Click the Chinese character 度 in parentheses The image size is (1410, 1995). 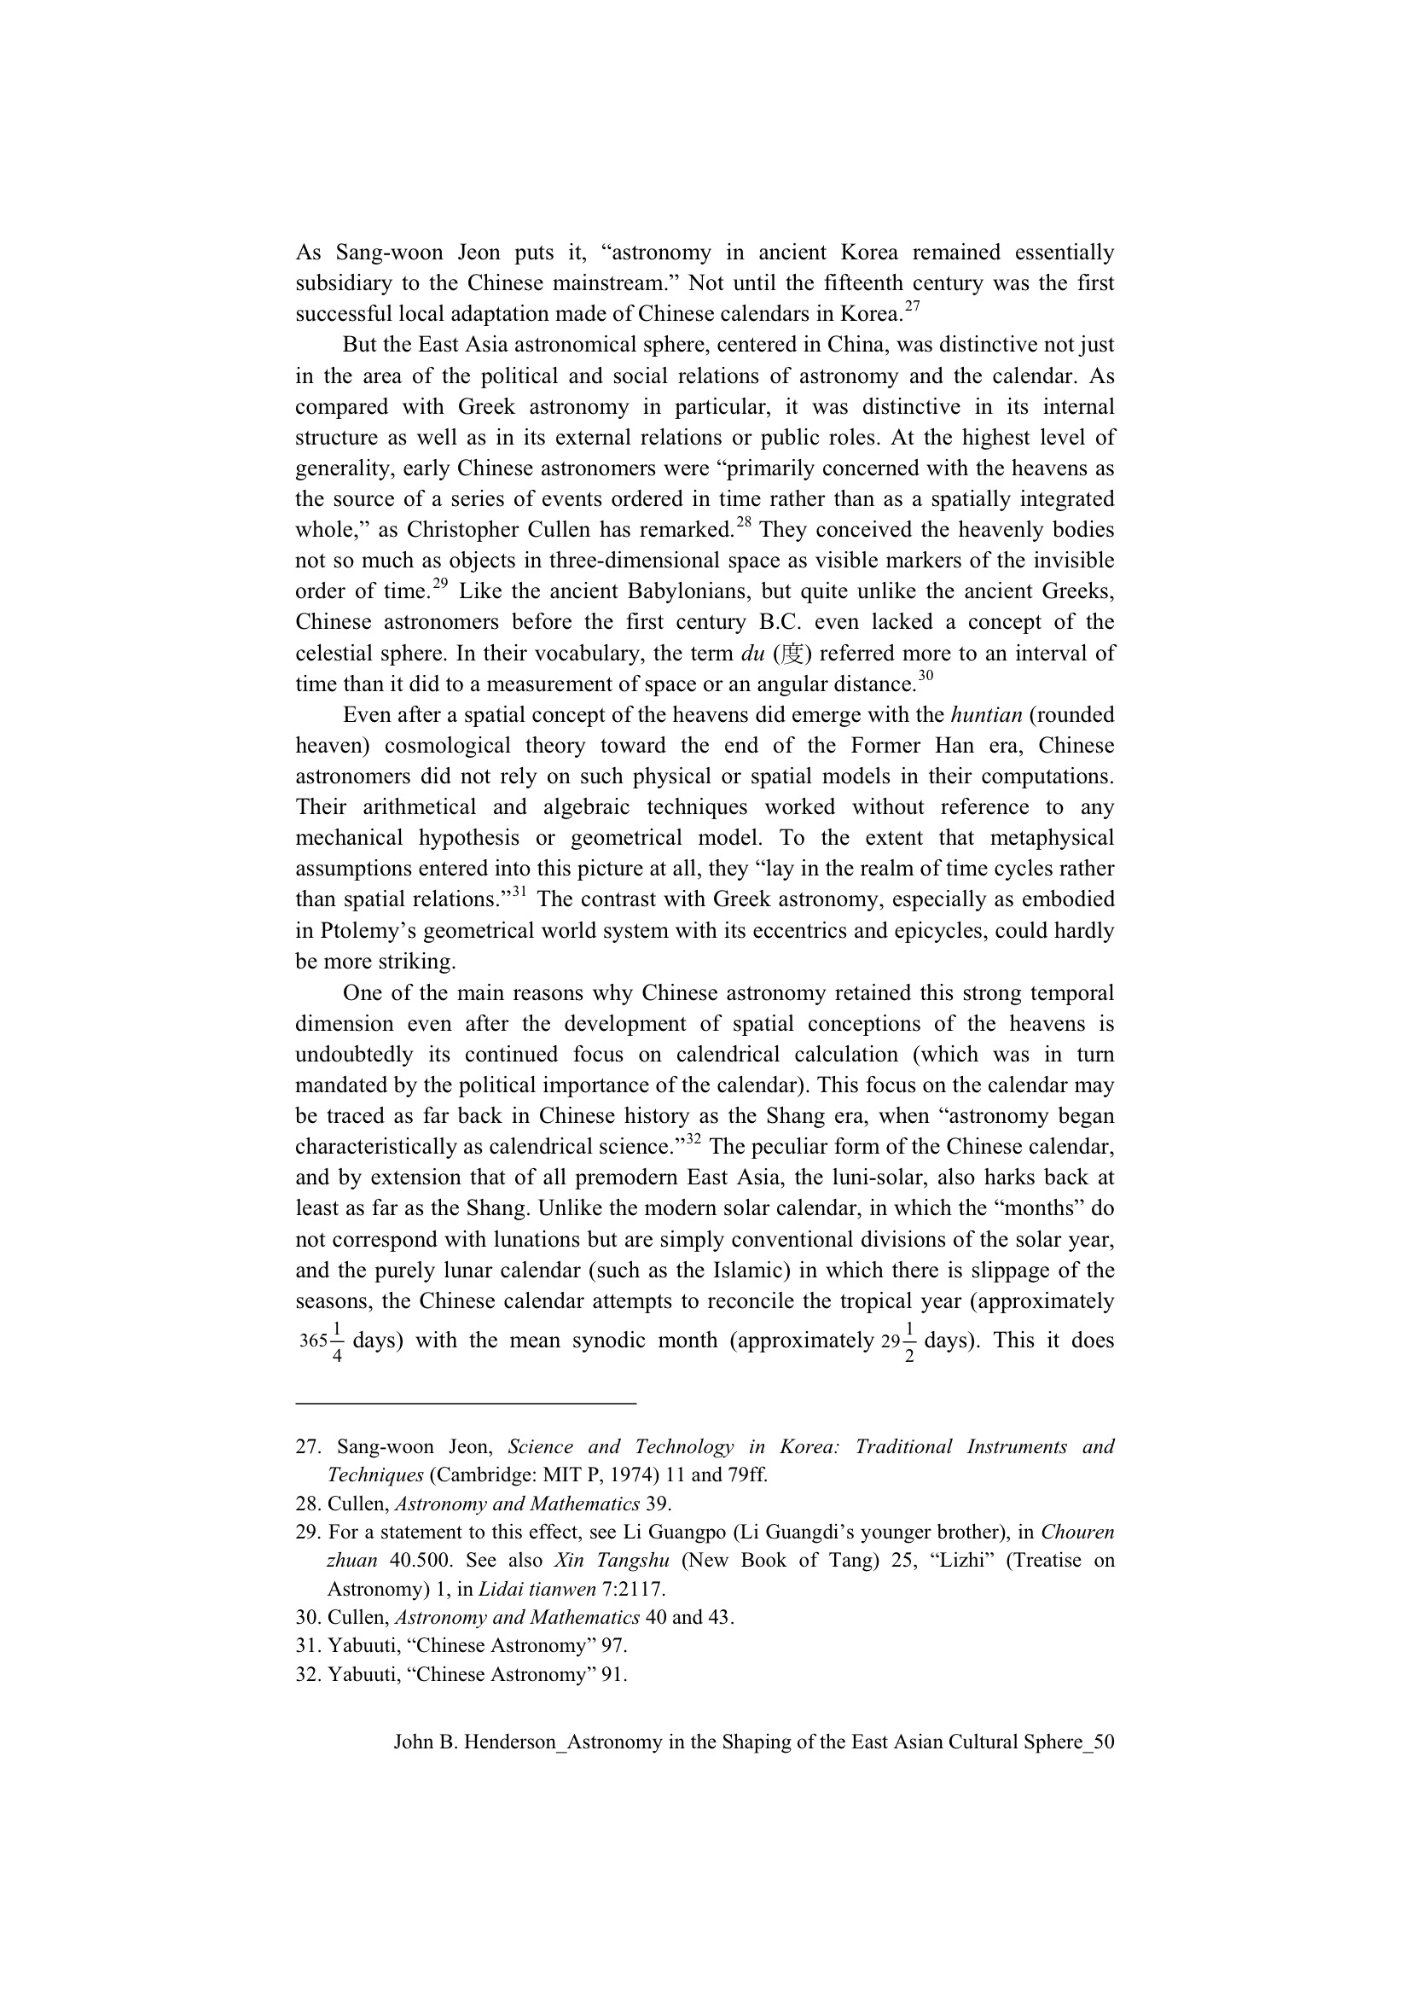792,654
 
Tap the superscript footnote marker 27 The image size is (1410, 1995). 911,305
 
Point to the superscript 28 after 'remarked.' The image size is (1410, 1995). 744,522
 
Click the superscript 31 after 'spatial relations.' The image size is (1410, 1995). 519,892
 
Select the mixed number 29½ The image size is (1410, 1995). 897,1341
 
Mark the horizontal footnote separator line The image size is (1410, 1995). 466,1403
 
